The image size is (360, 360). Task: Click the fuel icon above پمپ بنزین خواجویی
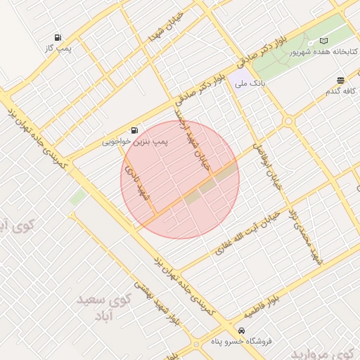point(134,130)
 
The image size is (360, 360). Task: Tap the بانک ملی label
point(252,83)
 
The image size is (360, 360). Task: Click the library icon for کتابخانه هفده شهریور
point(324,41)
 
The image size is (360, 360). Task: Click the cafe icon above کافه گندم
point(340,81)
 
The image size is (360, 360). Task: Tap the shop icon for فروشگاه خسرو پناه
point(241,330)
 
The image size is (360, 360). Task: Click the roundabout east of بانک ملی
point(288,122)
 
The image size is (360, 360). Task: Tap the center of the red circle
point(180,180)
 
